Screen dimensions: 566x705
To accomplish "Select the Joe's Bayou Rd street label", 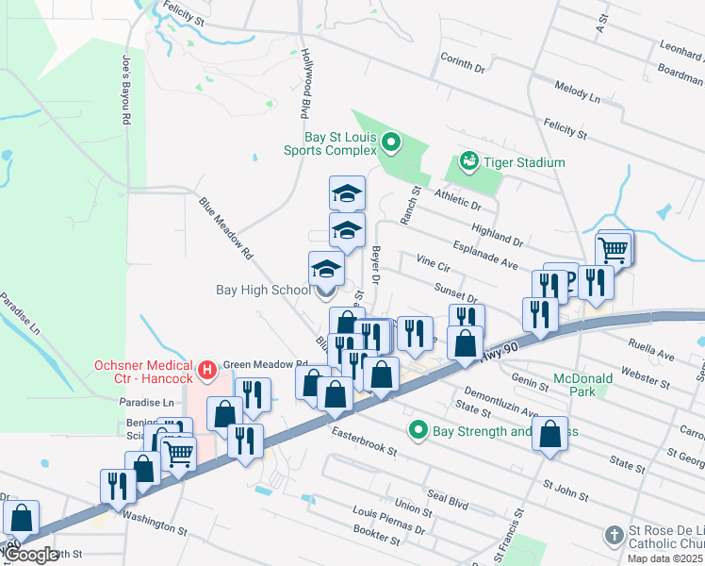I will coord(125,91).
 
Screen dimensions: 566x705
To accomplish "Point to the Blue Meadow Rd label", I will coord(225,228).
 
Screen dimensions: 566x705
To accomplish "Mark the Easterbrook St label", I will coord(364,441).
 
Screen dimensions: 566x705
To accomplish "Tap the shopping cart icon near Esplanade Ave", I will coord(614,250).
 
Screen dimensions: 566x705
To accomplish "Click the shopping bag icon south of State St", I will coord(550,435).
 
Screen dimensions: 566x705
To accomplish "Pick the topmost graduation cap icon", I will coord(347,193).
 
